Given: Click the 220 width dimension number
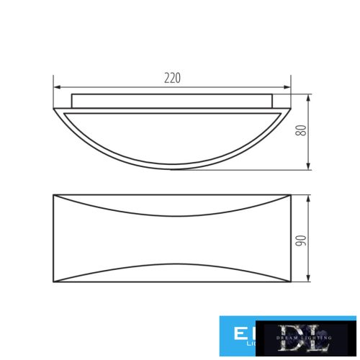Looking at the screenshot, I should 171,78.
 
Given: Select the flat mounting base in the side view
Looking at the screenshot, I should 171,100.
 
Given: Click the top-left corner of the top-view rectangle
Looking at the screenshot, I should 55,194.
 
